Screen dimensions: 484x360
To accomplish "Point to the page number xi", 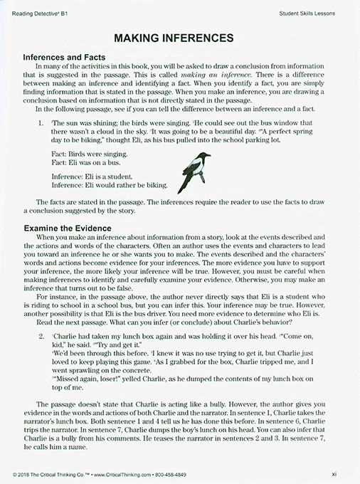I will pyautogui.click(x=344, y=473).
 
